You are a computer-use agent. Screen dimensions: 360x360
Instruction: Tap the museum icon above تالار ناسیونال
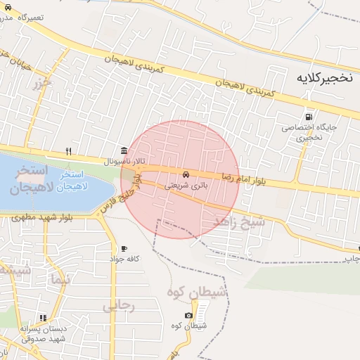click(x=124, y=150)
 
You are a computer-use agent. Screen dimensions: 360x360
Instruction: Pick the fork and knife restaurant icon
click(x=68, y=151)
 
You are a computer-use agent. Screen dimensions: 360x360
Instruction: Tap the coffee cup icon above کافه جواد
click(x=124, y=248)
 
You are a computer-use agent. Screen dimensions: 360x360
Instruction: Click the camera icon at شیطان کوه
click(x=188, y=315)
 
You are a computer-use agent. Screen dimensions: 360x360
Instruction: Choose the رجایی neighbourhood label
click(x=118, y=306)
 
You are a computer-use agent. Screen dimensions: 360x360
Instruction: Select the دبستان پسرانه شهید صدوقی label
click(x=44, y=333)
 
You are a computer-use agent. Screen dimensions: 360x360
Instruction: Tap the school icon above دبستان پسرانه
click(x=44, y=318)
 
